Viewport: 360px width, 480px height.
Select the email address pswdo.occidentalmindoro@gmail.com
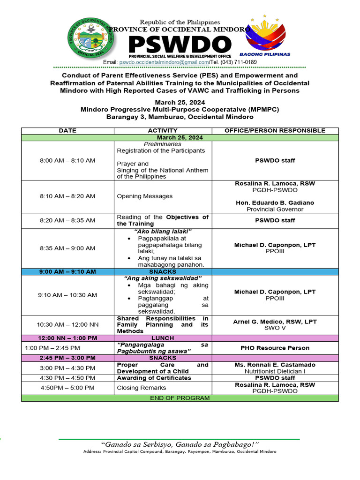point(164,62)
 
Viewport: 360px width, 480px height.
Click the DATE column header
point(67,130)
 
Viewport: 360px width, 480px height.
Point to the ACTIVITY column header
point(163,130)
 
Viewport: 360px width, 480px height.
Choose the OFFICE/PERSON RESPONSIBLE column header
point(275,130)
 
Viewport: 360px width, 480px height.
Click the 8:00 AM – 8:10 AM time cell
point(67,160)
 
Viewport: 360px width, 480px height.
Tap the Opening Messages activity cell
point(144,196)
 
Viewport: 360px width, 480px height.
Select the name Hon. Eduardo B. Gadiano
point(275,202)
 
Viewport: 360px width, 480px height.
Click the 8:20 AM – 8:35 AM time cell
point(67,220)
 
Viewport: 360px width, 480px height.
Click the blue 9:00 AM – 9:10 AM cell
point(67,271)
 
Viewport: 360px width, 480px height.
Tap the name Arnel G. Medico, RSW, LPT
point(275,322)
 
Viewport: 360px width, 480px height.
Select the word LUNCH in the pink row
point(163,338)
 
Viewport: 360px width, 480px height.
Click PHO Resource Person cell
point(275,348)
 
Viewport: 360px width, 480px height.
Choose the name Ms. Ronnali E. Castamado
point(275,365)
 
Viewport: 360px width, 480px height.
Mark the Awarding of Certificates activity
point(154,378)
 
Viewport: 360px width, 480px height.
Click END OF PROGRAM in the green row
point(180,398)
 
